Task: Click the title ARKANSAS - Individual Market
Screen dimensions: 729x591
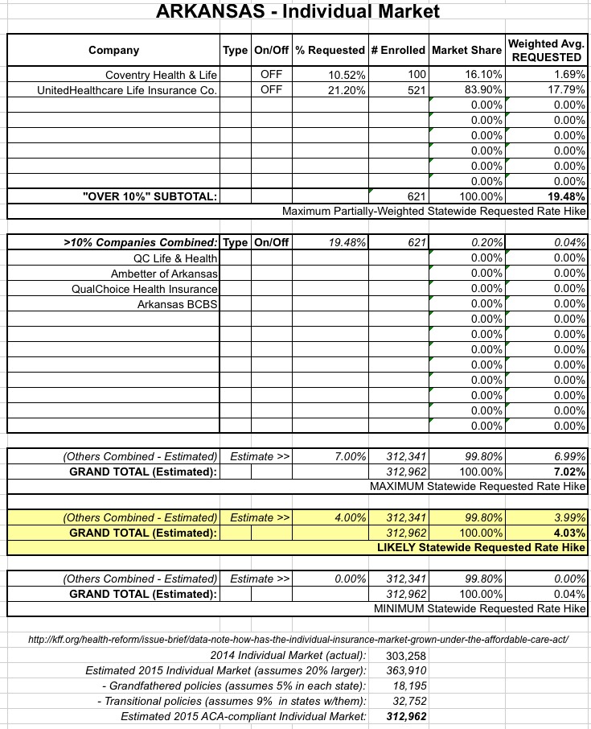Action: [295, 12]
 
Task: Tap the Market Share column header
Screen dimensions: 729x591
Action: [466, 50]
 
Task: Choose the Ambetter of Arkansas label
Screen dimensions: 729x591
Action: [165, 273]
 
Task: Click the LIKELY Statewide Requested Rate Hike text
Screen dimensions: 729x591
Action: [481, 548]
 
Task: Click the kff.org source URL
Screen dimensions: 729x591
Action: [298, 640]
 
